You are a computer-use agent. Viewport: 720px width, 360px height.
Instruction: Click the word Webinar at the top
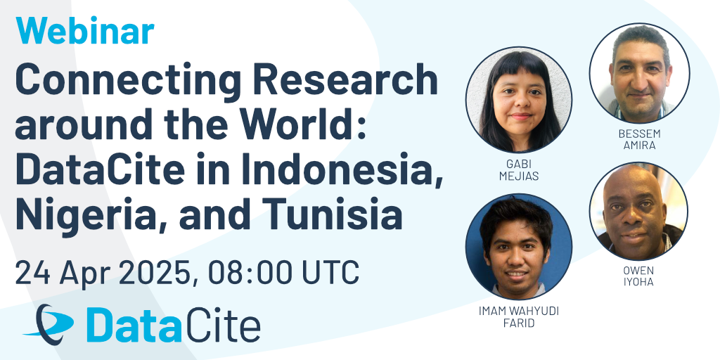coord(85,31)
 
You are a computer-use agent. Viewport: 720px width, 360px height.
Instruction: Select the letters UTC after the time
coord(330,272)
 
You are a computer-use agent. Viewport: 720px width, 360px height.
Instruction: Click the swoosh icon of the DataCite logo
coord(49,324)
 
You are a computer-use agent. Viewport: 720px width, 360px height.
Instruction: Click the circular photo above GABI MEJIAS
coord(519,100)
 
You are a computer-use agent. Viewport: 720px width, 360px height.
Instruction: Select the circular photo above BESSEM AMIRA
coord(640,73)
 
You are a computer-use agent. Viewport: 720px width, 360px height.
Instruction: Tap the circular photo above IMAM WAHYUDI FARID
coord(519,247)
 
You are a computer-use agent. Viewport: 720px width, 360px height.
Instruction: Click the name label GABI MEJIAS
coord(519,170)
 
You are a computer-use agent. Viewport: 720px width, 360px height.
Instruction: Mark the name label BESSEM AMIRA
coord(640,140)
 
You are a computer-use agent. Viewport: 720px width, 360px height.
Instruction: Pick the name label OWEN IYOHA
coord(638,276)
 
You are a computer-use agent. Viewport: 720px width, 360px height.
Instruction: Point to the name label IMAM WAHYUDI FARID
coord(519,317)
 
